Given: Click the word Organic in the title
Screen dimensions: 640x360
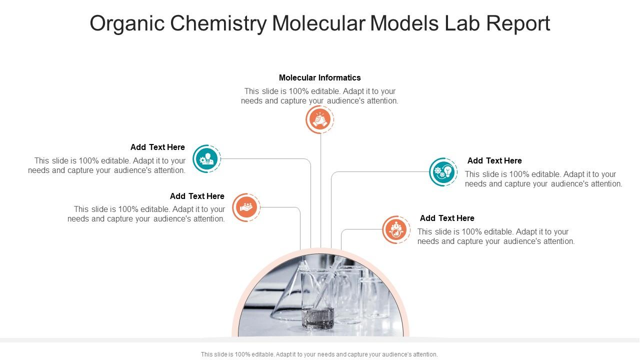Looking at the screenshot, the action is pyautogui.click(x=127, y=24).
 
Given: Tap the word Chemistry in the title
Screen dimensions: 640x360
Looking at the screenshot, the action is pyautogui.click(x=219, y=24).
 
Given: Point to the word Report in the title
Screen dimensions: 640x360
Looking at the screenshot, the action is pyautogui.click(x=518, y=24).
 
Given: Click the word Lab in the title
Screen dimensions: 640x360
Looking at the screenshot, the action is pyautogui.click(x=462, y=23).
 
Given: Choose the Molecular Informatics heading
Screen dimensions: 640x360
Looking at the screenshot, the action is pyautogui.click(x=319, y=77).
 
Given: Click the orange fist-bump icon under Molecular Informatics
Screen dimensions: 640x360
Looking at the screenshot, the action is pyautogui.click(x=319, y=119).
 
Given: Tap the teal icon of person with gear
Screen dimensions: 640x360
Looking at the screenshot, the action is pyautogui.click(x=206, y=159).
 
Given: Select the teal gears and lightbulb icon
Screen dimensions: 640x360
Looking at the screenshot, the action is pyautogui.click(x=443, y=172).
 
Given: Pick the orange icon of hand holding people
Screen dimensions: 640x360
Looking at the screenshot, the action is pyautogui.click(x=246, y=207).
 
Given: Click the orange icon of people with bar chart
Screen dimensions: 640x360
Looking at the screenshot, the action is pyautogui.click(x=396, y=229).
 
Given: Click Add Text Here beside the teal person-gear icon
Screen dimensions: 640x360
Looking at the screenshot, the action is pyautogui.click(x=157, y=147).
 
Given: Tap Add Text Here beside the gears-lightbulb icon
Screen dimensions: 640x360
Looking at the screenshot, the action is pyautogui.click(x=494, y=160).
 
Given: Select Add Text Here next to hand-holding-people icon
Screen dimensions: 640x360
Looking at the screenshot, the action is pyautogui.click(x=197, y=196).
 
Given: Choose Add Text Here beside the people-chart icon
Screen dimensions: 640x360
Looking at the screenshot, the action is pyautogui.click(x=447, y=218).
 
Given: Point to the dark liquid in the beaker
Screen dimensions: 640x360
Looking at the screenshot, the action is pyautogui.click(x=318, y=318).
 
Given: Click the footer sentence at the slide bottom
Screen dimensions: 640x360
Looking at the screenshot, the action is pyautogui.click(x=319, y=354).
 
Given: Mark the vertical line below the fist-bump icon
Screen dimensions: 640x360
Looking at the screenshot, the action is pyautogui.click(x=320, y=190).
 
